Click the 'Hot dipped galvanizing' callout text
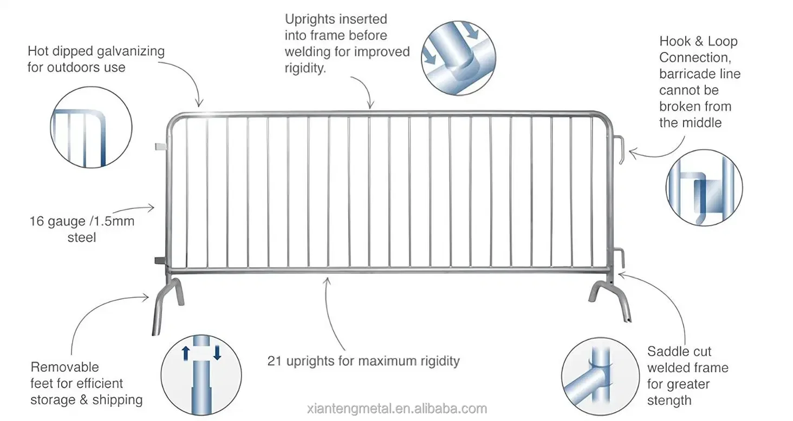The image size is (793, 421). [96, 52]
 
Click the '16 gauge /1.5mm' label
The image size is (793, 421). [82, 221]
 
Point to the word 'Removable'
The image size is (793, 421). [64, 367]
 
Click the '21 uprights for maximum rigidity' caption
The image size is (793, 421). [363, 361]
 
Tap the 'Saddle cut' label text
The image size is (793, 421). [679, 352]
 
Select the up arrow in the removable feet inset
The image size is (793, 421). [185, 353]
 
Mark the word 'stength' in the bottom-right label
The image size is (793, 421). [669, 401]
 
